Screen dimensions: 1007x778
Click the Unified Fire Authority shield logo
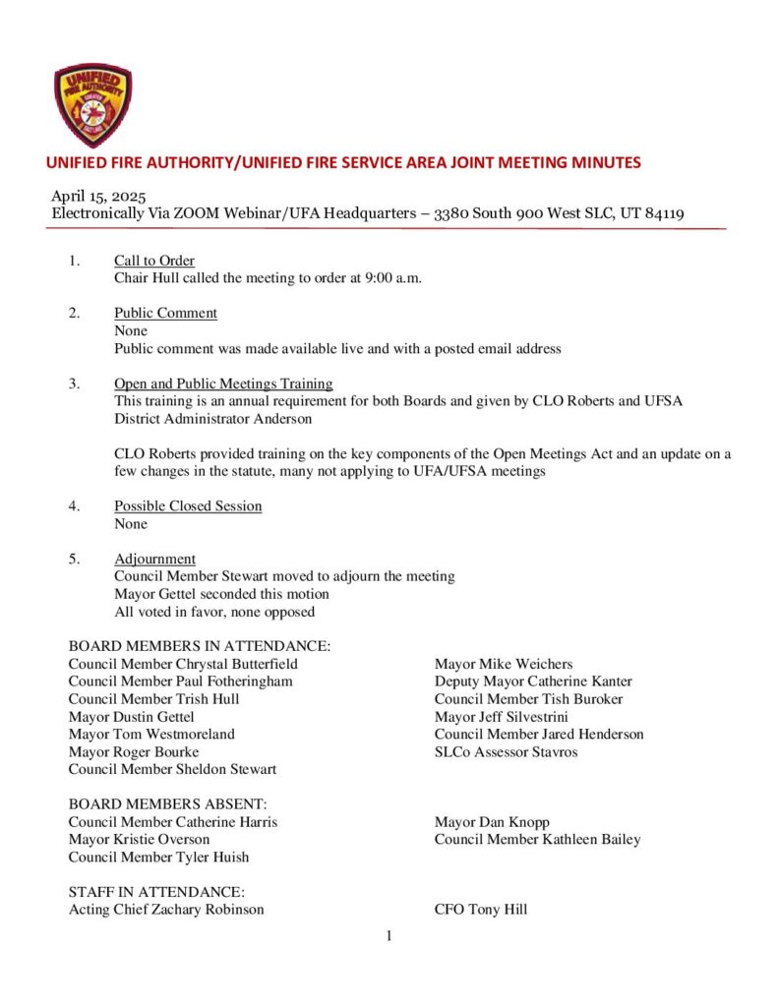click(x=92, y=105)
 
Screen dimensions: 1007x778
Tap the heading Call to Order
click(x=153, y=261)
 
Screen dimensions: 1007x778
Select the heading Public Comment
click(x=165, y=313)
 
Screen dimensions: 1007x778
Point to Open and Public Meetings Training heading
click(x=223, y=384)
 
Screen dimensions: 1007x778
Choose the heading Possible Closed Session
click(x=188, y=506)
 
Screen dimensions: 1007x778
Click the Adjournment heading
click(x=154, y=559)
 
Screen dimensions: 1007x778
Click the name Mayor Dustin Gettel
click(x=131, y=717)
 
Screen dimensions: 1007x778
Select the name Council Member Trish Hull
click(x=153, y=699)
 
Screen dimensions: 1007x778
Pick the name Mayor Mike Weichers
click(x=504, y=664)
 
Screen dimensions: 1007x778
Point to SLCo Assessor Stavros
click(x=506, y=752)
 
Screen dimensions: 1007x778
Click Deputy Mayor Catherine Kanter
click(x=533, y=681)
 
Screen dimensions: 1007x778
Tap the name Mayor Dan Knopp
click(x=492, y=822)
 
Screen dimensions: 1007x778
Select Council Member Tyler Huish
click(x=158, y=858)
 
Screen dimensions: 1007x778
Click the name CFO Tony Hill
click(x=480, y=910)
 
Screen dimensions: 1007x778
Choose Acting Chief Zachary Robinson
click(x=166, y=910)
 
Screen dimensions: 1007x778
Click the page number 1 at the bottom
click(x=389, y=936)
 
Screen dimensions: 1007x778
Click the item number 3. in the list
click(x=75, y=384)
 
